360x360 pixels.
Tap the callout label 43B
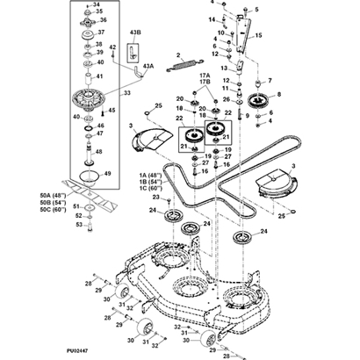click(x=135, y=33)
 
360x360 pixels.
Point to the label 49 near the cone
click(x=107, y=174)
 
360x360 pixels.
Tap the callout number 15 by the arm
click(x=258, y=36)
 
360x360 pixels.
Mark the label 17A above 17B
click(x=205, y=76)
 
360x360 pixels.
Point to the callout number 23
click(x=155, y=198)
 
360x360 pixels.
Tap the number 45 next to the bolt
click(x=112, y=111)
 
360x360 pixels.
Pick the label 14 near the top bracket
click(x=212, y=18)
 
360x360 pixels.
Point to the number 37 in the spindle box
click(x=101, y=32)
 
